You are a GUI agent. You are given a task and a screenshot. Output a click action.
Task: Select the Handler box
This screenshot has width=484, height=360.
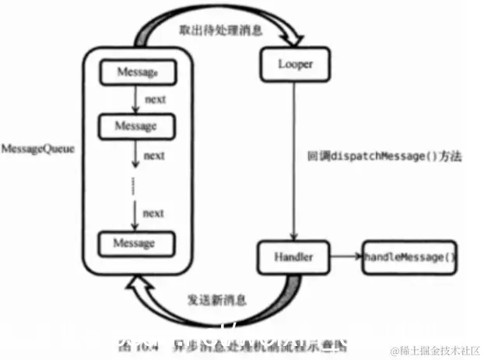pos(293,257)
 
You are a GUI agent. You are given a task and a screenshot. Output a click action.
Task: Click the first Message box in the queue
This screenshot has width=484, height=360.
pos(136,72)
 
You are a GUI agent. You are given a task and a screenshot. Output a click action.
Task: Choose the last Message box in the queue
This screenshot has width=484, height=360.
pos(135,243)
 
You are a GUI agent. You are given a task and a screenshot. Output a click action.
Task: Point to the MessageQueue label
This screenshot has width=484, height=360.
pos(38,147)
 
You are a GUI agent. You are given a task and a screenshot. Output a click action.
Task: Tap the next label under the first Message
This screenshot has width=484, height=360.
pos(153,99)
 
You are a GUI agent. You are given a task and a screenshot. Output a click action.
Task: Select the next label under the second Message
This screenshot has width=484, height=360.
pos(153,155)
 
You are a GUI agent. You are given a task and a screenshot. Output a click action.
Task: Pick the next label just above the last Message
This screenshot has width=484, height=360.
pos(153,212)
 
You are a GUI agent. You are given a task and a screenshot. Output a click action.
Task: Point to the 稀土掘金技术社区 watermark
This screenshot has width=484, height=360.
pos(435,350)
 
